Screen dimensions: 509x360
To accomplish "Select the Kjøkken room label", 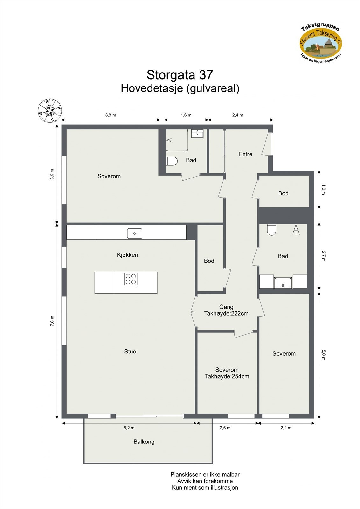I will pyautogui.click(x=127, y=255).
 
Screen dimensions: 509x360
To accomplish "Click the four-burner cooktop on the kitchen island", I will pyautogui.click(x=131, y=279).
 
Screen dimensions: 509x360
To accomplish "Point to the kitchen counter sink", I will pyautogui.click(x=135, y=233).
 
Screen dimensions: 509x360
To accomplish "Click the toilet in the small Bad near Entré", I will pyautogui.click(x=172, y=161).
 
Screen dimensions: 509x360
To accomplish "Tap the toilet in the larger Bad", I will pyautogui.click(x=271, y=230).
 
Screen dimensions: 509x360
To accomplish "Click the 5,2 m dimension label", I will pyautogui.click(x=129, y=428).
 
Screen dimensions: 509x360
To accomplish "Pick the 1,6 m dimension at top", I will pyautogui.click(x=186, y=115).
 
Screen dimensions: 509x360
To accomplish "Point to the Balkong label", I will pyautogui.click(x=144, y=442).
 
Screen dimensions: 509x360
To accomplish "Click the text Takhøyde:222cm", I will pyautogui.click(x=226, y=313).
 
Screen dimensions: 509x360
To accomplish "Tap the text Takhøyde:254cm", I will pyautogui.click(x=227, y=376).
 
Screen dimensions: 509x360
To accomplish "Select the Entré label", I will pyautogui.click(x=245, y=154).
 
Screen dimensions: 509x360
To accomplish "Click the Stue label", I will pyautogui.click(x=130, y=352).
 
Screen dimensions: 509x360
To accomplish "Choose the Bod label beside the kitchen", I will pyautogui.click(x=209, y=261).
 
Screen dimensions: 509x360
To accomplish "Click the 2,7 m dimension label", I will pyautogui.click(x=323, y=256).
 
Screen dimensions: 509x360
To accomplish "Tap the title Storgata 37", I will pyautogui.click(x=180, y=75).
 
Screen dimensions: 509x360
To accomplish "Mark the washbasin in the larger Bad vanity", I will pyautogui.click(x=283, y=282).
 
